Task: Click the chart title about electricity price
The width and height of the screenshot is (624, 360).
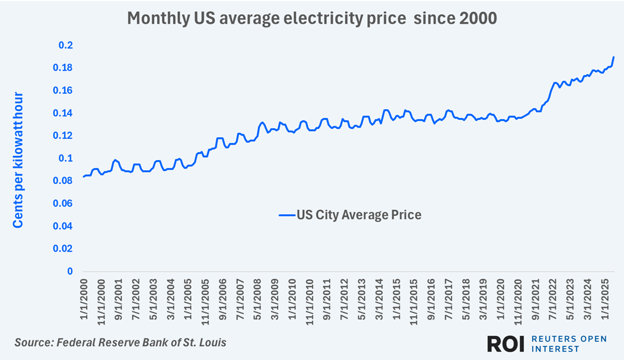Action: click(x=312, y=19)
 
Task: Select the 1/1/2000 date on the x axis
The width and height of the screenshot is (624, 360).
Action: click(x=84, y=304)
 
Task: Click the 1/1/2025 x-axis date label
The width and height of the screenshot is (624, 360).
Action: click(x=606, y=304)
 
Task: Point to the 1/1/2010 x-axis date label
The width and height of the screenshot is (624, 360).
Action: click(x=292, y=304)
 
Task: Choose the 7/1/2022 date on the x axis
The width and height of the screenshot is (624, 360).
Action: click(x=553, y=304)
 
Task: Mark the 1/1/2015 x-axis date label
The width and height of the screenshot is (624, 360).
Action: click(x=397, y=304)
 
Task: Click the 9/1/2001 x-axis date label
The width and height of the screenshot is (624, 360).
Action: click(x=118, y=304)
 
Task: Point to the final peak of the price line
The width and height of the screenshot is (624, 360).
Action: click(x=613, y=58)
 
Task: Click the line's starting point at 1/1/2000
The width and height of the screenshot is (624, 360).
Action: click(x=84, y=177)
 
